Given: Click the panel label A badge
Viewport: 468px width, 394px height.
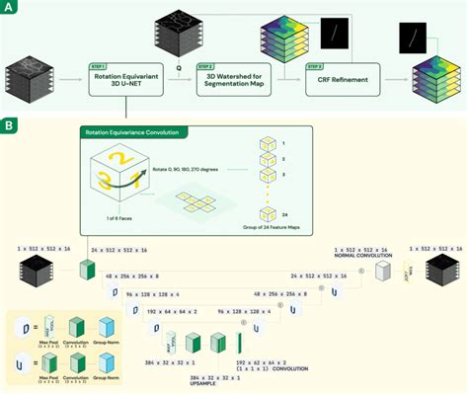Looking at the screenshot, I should [10, 9].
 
